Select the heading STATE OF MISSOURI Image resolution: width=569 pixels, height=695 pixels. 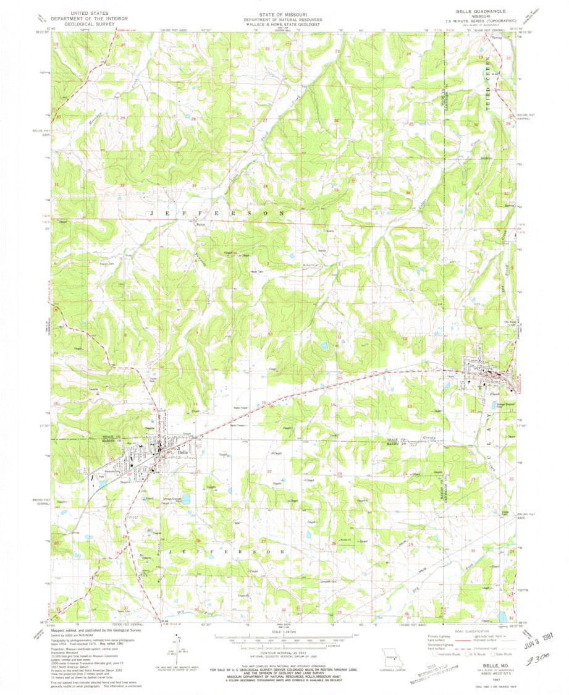[x=284, y=12]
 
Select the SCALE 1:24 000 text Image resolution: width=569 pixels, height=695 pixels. [x=284, y=631]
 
